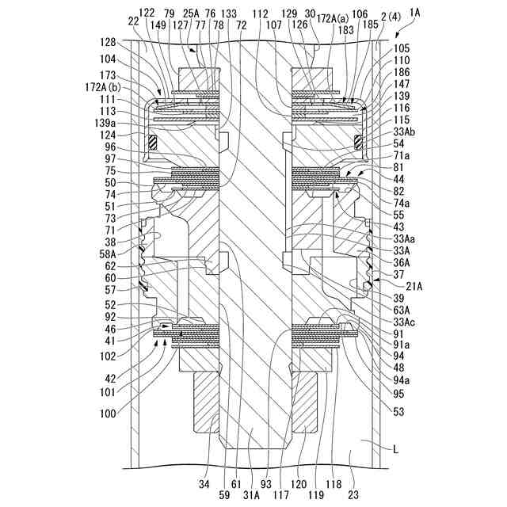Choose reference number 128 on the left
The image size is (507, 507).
[x=109, y=42]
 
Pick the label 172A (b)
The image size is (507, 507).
[x=114, y=85]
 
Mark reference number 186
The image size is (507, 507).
[x=402, y=71]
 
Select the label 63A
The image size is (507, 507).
[x=402, y=311]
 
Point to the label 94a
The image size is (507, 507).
[x=402, y=380]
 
